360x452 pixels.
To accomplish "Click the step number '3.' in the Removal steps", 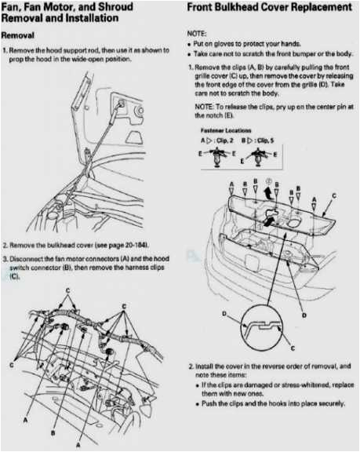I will click(5, 258).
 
